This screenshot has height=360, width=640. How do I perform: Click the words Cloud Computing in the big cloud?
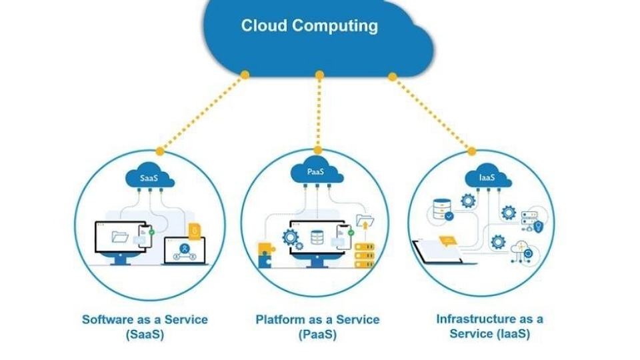[309, 27]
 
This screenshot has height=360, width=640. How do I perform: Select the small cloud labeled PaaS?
[316, 173]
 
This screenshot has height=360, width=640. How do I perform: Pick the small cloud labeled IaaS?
[487, 178]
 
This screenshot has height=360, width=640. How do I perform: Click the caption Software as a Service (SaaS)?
[145, 327]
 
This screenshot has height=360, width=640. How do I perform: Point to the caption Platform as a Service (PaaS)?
[317, 327]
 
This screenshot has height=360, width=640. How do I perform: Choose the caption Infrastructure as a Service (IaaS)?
[489, 327]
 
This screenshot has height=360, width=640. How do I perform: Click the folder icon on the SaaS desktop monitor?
[120, 235]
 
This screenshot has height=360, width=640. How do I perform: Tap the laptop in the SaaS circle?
[184, 252]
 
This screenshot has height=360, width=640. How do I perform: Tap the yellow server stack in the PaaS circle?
[364, 254]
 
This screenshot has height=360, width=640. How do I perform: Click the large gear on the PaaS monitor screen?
[291, 236]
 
